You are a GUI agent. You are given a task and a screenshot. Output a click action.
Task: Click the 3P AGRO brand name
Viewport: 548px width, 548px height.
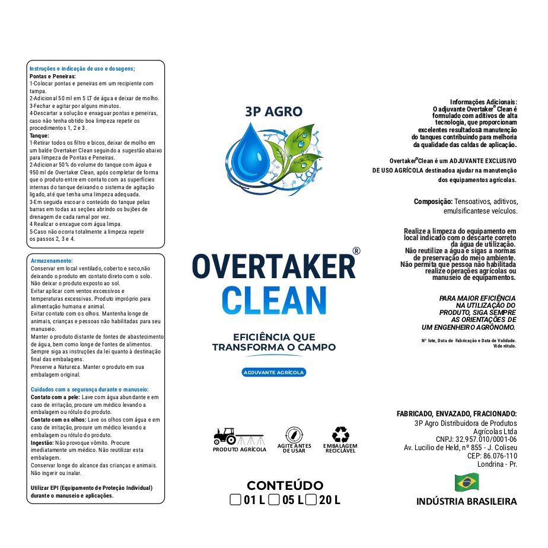(x=273, y=111)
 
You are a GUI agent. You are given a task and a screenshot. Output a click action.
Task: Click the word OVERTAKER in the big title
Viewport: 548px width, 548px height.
(x=273, y=266)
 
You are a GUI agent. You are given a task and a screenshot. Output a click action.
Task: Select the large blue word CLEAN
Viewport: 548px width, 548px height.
(x=273, y=301)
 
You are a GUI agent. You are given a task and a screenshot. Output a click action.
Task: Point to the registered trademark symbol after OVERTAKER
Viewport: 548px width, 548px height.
(x=356, y=251)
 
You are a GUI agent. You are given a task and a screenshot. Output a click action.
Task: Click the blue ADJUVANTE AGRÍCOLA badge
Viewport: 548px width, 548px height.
(x=273, y=372)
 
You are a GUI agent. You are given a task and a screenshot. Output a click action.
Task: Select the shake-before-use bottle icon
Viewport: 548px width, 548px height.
(x=294, y=434)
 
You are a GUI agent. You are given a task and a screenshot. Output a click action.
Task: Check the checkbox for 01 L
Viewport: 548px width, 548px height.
(x=235, y=500)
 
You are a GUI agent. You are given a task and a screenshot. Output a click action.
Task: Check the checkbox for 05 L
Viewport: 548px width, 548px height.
(x=274, y=500)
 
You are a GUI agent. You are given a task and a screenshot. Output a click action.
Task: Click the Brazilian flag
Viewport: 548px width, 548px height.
(x=467, y=482)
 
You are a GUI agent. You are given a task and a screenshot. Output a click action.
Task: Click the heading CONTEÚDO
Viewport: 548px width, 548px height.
(x=285, y=486)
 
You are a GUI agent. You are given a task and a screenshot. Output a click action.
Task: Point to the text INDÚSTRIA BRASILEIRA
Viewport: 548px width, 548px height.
(x=466, y=502)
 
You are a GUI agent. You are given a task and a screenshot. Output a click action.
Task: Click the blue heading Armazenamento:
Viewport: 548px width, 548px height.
(x=52, y=261)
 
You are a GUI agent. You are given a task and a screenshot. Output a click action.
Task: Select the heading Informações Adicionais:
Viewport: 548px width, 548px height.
(x=483, y=102)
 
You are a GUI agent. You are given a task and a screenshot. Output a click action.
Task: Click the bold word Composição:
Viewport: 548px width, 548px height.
(x=434, y=202)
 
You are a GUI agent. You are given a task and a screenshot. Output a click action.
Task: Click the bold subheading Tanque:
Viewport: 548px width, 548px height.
(x=40, y=136)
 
